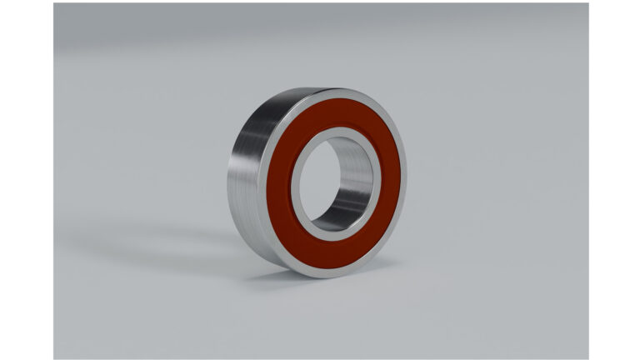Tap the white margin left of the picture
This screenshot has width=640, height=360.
click(25, 180)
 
